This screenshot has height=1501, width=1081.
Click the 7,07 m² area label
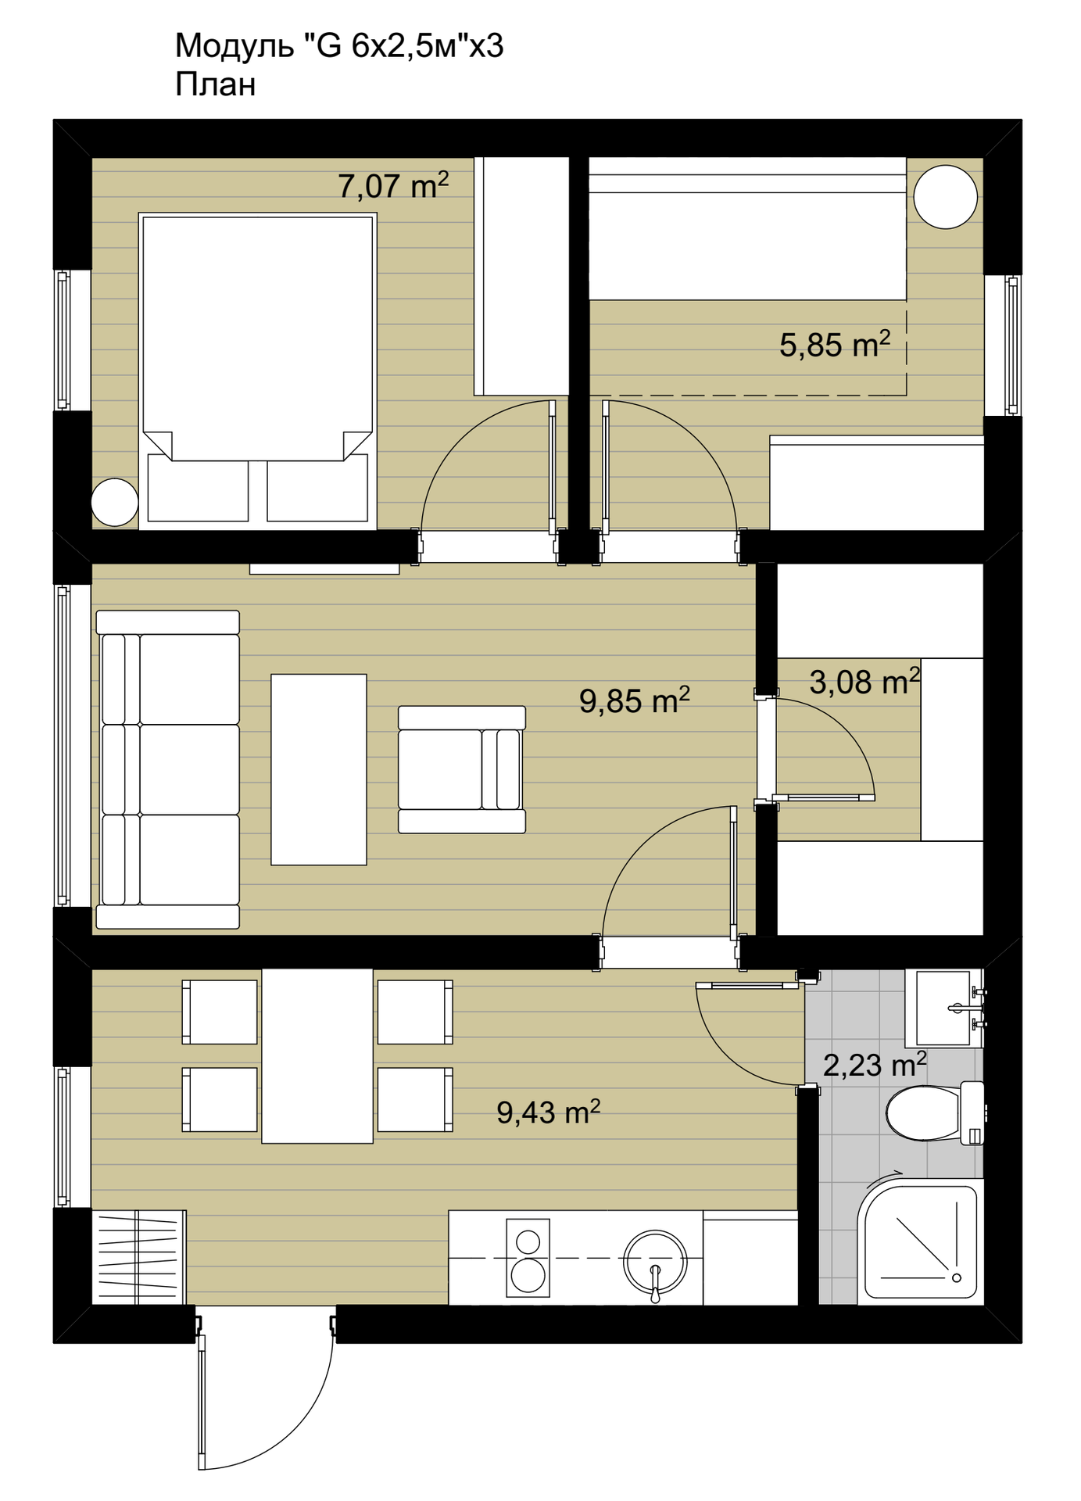(393, 186)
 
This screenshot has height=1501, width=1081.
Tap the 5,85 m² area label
(835, 345)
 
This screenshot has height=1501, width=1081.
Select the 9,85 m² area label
(635, 700)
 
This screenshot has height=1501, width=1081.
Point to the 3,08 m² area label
(864, 682)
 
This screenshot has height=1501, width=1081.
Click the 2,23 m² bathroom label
(875, 1065)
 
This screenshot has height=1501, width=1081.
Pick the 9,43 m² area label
(549, 1112)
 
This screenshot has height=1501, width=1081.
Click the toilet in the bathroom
(935, 1112)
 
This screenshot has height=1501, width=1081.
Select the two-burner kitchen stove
(528, 1257)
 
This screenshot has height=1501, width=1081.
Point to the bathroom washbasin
(943, 1008)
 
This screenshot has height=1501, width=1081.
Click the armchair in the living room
(462, 769)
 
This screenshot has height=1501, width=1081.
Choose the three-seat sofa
(167, 769)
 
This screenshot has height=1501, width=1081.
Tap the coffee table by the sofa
(319, 769)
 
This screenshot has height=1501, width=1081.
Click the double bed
(258, 371)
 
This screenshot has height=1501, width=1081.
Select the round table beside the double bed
(115, 502)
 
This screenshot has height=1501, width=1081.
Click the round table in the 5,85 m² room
(946, 197)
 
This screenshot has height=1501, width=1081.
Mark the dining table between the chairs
(317, 1055)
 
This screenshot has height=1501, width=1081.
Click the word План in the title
(216, 84)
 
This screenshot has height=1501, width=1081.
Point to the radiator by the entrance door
(138, 1257)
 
